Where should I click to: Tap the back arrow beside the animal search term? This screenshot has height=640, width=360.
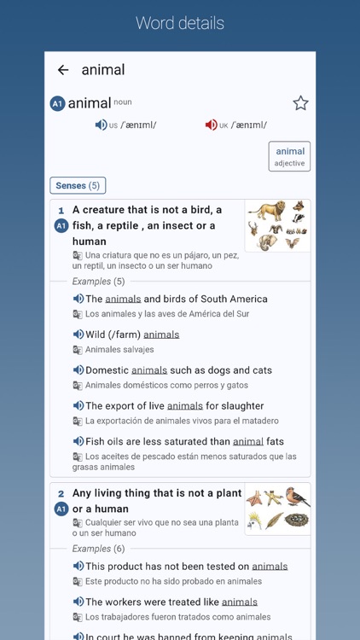click(62, 70)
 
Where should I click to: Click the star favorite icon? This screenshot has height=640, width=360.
click(300, 103)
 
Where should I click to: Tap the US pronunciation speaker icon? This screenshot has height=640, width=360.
click(101, 125)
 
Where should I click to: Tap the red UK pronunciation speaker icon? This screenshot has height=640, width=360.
click(211, 125)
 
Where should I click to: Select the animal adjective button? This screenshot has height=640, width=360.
click(289, 156)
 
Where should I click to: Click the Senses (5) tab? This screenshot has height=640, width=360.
click(78, 185)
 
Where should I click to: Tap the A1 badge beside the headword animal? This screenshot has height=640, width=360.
click(57, 104)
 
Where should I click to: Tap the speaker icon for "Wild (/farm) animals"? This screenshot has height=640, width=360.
click(78, 335)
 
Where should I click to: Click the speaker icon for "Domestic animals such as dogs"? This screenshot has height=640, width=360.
click(78, 370)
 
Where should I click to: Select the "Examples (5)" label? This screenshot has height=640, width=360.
click(98, 282)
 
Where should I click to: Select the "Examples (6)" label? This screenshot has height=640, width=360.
click(98, 549)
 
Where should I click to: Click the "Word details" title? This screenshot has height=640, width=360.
click(180, 23)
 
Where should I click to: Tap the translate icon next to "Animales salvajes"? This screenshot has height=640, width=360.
click(78, 350)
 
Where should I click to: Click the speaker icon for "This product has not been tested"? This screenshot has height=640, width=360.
click(78, 567)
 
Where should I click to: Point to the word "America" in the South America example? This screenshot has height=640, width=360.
click(245, 300)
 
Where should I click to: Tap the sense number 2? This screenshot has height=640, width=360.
click(61, 494)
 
